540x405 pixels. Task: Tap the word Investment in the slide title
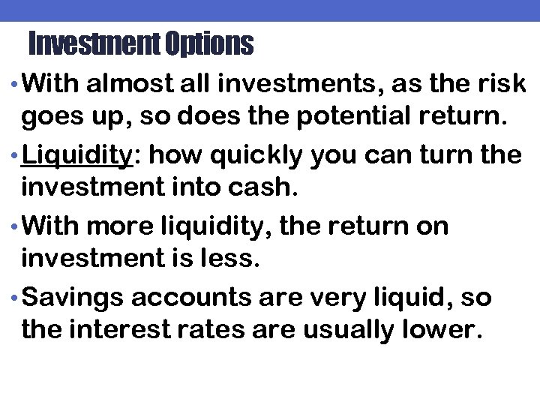pos(93,45)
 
